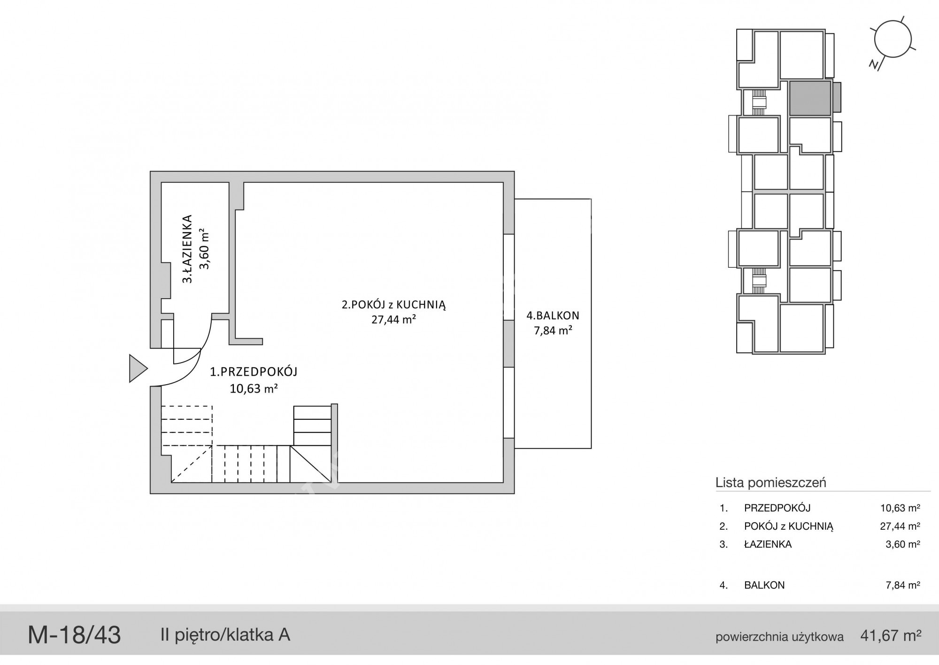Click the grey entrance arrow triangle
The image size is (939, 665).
point(138,368)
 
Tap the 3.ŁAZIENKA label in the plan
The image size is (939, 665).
point(187,249)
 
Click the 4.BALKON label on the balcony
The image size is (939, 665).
point(553,316)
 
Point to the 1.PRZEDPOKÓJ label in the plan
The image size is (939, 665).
point(254,372)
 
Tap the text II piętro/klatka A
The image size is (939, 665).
point(225,635)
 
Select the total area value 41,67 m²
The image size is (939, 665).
point(891,636)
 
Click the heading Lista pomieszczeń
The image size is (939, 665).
point(770,482)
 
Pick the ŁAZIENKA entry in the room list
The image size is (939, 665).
point(768,544)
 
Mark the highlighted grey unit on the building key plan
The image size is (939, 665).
point(810,98)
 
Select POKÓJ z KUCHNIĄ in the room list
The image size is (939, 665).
point(789,526)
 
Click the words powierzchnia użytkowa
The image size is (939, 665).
point(779,637)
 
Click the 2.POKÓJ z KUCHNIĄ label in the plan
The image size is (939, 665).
point(393,304)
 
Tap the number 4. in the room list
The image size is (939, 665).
point(723,585)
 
